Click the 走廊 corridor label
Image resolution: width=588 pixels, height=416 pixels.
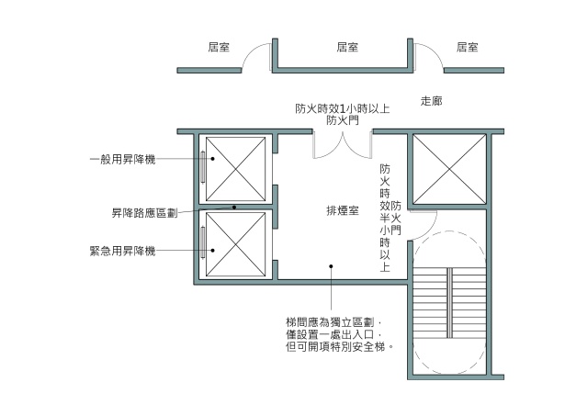tap(431, 100)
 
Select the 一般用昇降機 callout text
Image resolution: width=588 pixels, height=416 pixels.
tap(122, 159)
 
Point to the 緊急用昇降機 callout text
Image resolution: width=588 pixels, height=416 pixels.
tap(122, 251)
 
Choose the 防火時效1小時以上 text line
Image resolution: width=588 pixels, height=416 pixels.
tap(342, 107)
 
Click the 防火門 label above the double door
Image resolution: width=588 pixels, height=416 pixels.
tap(342, 120)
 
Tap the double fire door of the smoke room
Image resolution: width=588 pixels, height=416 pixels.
tap(343, 145)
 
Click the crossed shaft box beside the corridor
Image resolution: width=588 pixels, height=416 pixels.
tap(447, 170)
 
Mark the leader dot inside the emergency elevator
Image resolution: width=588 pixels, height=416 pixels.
tap(212, 250)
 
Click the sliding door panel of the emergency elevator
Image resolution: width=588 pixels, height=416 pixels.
tap(202, 245)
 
